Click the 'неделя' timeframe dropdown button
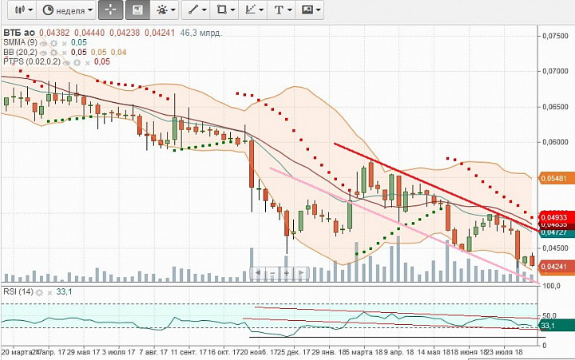(67, 10)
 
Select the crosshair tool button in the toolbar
(111, 10)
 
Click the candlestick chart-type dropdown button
(20, 10)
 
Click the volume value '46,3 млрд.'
(201, 33)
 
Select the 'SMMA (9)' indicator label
(20, 42)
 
